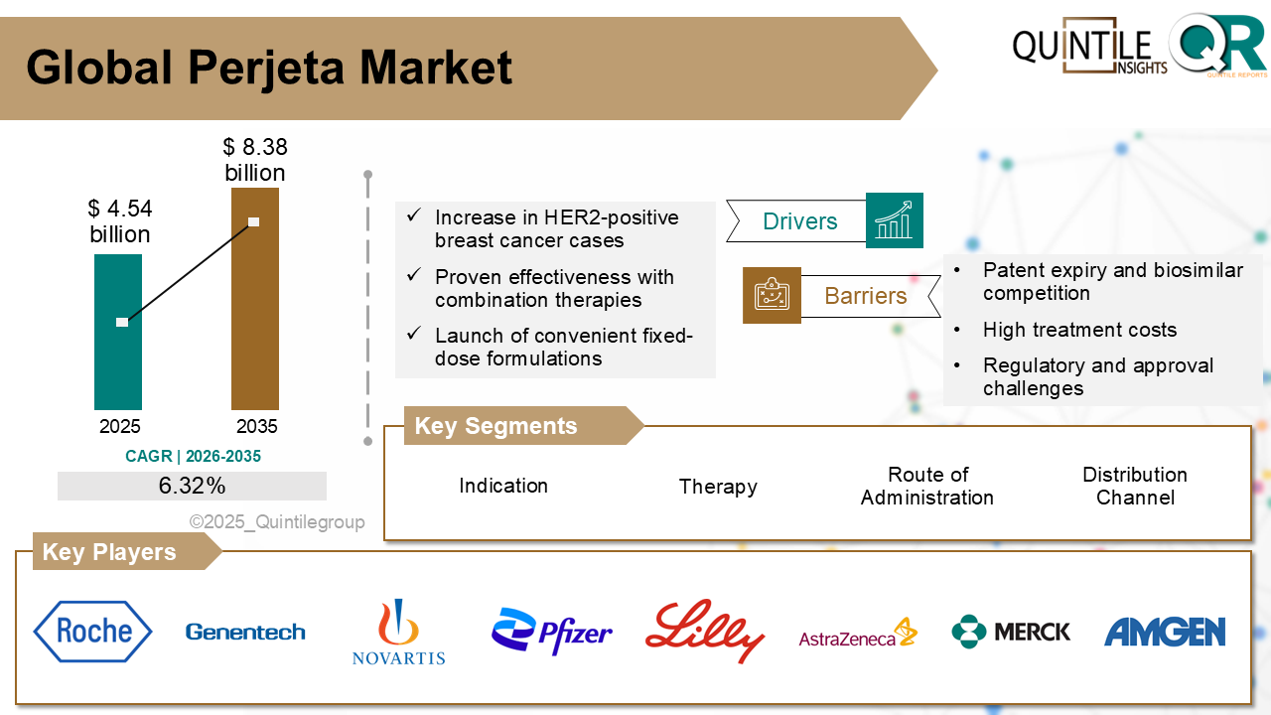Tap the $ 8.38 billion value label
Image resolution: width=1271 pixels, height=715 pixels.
point(254,160)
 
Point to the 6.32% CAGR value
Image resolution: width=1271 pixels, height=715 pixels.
point(192,486)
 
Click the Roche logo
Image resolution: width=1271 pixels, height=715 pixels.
point(93,632)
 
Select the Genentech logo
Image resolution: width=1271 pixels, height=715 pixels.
point(245,632)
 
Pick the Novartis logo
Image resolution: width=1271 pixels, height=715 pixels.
point(398,632)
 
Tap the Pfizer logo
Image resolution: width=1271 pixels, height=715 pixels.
point(552,632)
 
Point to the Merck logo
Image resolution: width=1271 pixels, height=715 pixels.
point(1011,632)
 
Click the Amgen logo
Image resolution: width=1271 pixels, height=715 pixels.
point(1165,632)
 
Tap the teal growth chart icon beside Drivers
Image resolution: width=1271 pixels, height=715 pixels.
point(894,220)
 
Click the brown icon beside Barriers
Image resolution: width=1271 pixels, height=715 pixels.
point(772,295)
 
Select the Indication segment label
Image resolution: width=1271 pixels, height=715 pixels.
point(503,486)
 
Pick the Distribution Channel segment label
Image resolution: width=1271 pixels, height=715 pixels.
point(1135,486)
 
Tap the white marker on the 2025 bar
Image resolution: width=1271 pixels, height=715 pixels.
point(122,322)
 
